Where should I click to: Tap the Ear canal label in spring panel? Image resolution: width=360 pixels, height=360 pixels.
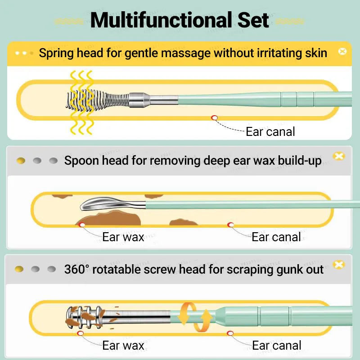click(x=270, y=132)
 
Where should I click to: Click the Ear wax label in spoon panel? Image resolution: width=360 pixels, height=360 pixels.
click(x=123, y=237)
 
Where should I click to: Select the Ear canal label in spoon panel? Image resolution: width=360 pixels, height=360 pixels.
click(x=276, y=237)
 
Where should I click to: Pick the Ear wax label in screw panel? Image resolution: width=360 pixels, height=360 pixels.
click(x=123, y=346)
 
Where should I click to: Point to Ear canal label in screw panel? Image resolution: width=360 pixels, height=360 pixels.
click(x=276, y=346)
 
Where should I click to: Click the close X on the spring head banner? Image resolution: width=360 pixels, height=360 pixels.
click(x=342, y=51)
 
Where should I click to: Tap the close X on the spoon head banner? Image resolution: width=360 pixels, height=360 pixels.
click(x=338, y=156)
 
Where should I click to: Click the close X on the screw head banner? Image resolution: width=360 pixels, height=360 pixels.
click(x=338, y=265)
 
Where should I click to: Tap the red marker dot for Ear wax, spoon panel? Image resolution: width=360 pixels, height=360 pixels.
click(x=82, y=225)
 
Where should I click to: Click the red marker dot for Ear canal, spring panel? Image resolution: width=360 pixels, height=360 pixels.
click(x=214, y=118)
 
